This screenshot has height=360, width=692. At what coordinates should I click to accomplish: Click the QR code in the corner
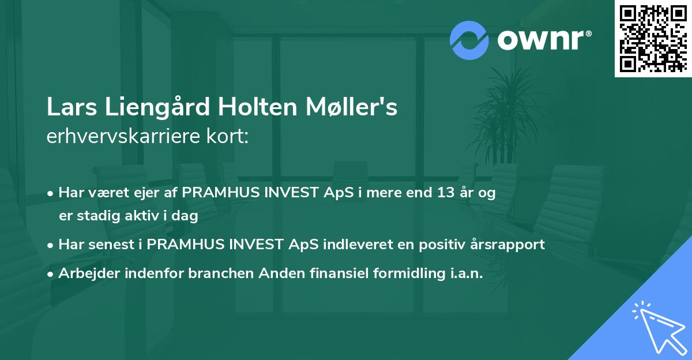(x=652, y=39)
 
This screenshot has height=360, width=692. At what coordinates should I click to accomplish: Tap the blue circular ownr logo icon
(x=470, y=39)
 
